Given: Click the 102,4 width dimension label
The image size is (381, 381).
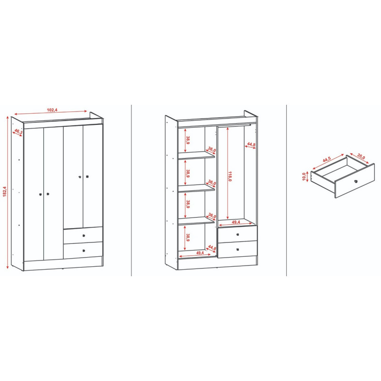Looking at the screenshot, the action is point(52,110).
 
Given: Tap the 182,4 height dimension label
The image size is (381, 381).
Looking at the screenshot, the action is point(5,191).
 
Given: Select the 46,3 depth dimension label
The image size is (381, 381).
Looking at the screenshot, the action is point(19,132).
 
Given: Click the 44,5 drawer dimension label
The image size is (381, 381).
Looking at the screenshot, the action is point(327,160).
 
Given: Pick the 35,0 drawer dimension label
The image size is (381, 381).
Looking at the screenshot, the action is point(361,156).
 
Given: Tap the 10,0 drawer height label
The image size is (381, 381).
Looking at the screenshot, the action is point(304,177).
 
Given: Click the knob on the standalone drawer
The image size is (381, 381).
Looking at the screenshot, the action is point(356,181).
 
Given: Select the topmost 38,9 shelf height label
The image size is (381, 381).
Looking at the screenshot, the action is point(188,140).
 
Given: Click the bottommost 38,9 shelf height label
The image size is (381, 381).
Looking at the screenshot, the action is point(188,237).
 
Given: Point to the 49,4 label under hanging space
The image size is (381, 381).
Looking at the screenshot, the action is point(236,222).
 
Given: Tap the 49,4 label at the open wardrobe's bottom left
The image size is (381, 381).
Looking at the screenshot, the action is point(200,253).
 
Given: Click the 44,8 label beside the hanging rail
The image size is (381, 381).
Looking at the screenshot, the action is point(251,145).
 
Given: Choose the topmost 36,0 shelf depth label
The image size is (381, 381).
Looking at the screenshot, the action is point(212,150).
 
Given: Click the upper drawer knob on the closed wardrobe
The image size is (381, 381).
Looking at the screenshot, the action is point(84,235).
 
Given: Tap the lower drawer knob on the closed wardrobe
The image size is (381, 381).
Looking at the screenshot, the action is point(84,251).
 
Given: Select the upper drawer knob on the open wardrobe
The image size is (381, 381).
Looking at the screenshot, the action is point(238,234).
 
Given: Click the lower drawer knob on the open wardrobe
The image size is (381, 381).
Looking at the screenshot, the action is point(238,250).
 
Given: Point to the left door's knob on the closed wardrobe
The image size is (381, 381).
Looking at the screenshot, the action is point(40,194).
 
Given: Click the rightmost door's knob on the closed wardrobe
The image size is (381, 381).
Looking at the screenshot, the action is point(88,177).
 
